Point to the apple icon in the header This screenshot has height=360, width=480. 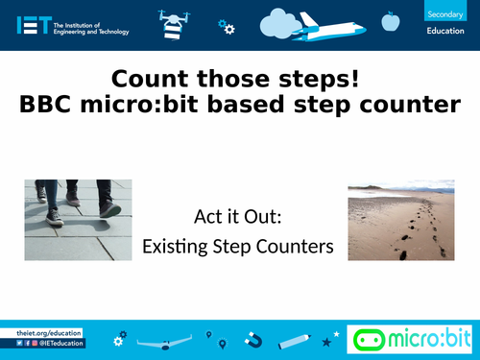click(390, 20)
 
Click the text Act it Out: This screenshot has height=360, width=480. click(238, 218)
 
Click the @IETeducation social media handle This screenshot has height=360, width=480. click(62, 343)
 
